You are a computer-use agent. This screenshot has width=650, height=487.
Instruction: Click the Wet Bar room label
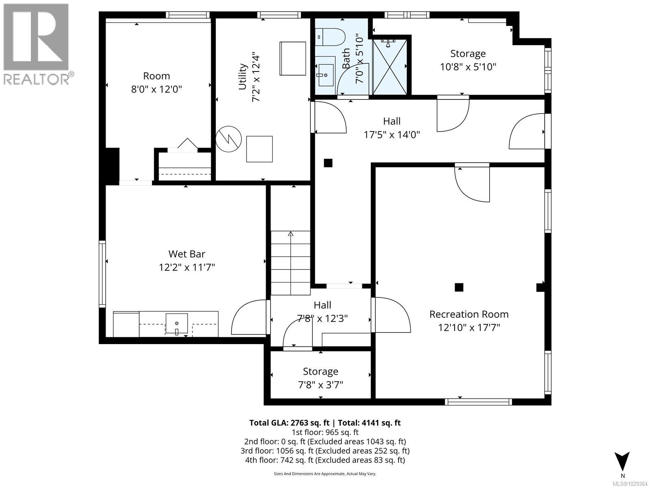pos(186,254)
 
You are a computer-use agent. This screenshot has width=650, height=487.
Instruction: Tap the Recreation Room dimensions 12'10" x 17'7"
pos(469,328)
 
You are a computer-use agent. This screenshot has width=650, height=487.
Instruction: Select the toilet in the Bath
pos(330,37)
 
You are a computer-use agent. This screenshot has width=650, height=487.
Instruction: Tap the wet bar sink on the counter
pos(177,323)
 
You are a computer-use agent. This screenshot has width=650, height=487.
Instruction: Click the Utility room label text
pos(243,76)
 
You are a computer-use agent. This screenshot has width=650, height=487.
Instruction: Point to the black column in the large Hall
pos(328,163)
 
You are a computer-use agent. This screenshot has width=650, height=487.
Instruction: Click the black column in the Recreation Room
pos(459,287)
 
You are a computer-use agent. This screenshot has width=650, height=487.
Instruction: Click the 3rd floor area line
pos(325,451)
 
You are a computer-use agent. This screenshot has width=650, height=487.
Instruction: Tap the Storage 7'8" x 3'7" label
pos(321,378)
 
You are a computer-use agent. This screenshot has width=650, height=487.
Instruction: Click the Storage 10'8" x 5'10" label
pos(468,60)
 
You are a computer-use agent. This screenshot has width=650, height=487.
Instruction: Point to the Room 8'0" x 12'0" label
pos(156,82)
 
